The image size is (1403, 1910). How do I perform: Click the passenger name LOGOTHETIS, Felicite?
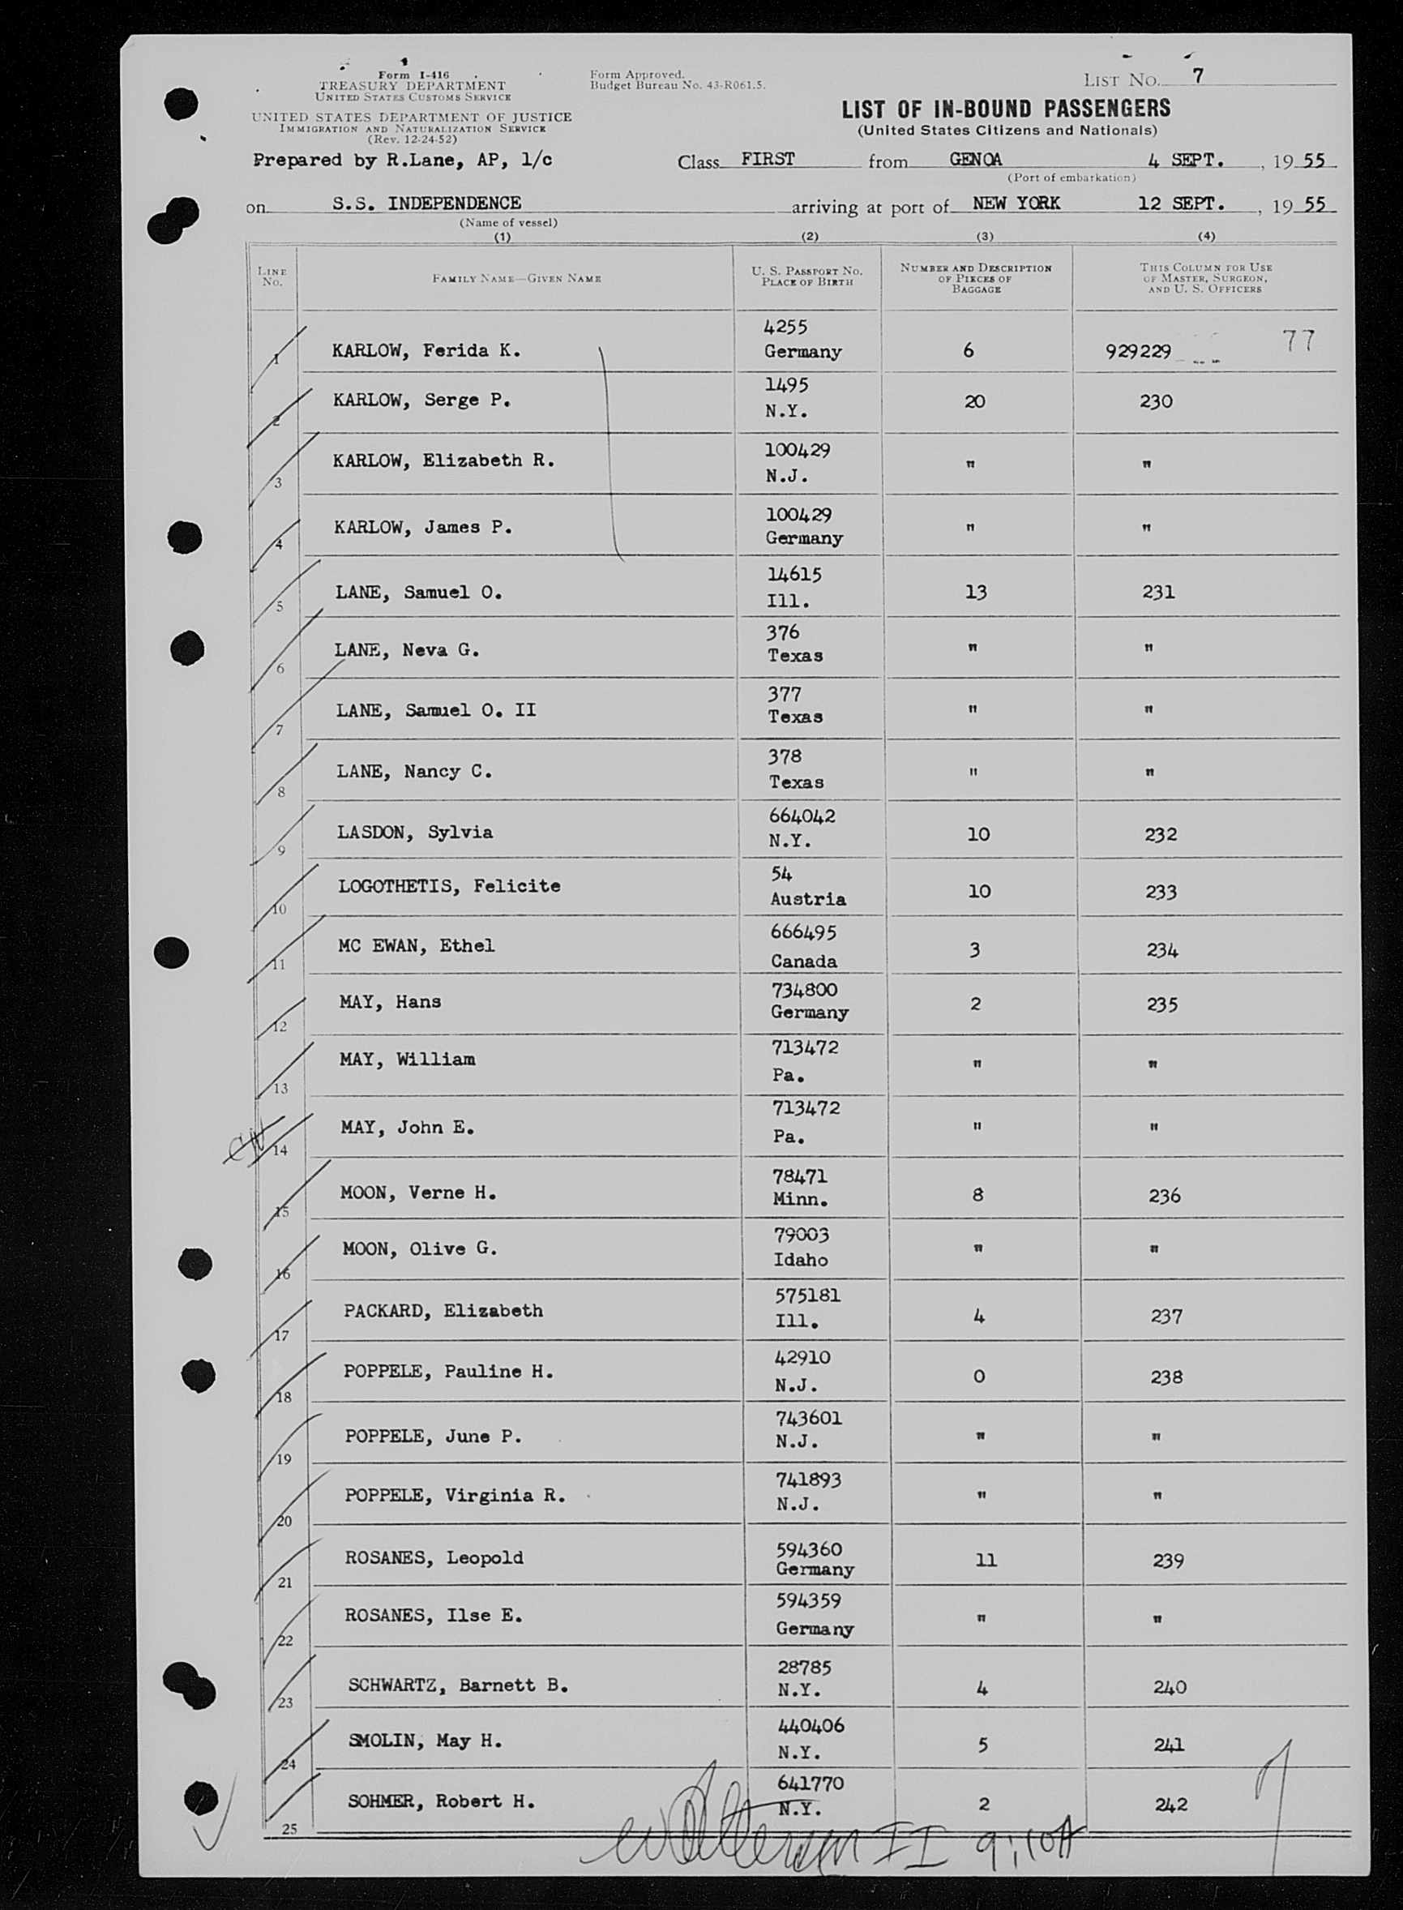click(448, 886)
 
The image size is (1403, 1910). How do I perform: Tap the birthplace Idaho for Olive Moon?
click(800, 1260)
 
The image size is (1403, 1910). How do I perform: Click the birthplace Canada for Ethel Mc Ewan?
click(803, 961)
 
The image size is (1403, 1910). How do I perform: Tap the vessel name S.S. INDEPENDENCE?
click(426, 203)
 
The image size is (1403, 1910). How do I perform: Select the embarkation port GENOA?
click(976, 159)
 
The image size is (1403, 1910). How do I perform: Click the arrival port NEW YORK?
click(1016, 203)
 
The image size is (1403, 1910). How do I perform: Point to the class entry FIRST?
click(767, 159)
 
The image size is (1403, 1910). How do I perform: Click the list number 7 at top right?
click(1197, 76)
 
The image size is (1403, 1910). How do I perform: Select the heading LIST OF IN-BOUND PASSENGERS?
click(1006, 109)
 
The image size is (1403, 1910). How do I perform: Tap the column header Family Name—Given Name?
click(516, 278)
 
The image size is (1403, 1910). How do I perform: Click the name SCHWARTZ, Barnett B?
click(457, 1685)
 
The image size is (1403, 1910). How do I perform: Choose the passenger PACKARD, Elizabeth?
click(443, 1310)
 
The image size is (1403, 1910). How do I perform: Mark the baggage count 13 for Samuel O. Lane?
click(976, 592)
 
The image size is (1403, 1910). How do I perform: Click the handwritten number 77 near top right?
click(1298, 340)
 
